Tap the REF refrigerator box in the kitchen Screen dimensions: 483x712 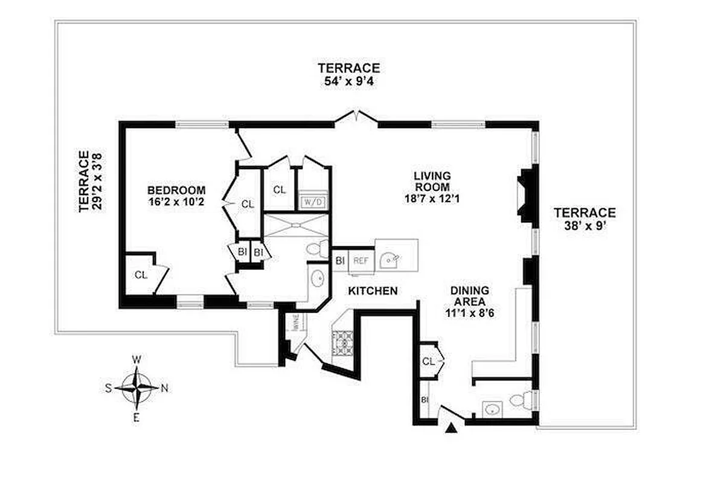tap(361, 261)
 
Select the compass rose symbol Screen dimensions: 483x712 tap(137, 388)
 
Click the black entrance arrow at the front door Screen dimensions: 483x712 tap(451, 429)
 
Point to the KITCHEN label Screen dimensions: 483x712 tap(373, 291)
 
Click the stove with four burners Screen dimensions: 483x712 tap(343, 342)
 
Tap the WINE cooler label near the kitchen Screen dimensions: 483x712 tap(297, 325)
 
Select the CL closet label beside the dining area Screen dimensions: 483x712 tap(428, 361)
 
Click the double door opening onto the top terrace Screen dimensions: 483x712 tap(356, 117)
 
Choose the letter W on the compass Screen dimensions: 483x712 tap(137, 360)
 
